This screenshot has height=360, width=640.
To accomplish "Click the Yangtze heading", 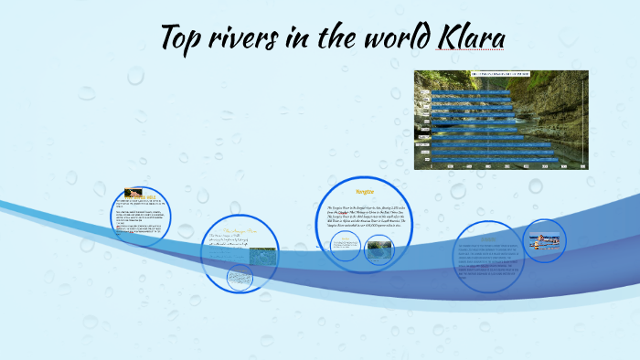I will point(365,194).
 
